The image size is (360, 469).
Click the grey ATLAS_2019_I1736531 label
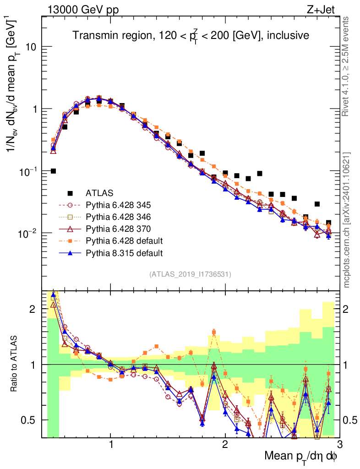point(190,274)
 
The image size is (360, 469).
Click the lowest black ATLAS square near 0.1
point(53,171)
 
